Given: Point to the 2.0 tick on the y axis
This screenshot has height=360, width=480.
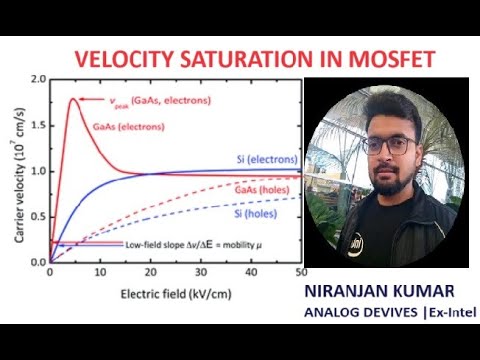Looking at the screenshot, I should coord(39,79).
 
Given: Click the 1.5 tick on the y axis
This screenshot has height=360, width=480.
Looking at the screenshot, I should coord(39,125).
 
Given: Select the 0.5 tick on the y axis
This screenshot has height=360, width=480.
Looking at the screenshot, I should coord(39,216).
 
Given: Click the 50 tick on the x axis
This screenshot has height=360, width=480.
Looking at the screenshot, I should coord(301,273).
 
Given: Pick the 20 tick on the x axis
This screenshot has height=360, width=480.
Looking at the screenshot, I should coord(150,273).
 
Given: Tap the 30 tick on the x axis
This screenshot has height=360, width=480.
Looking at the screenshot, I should coord(200,273).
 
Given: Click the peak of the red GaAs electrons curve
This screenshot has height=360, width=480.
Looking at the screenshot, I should coord(74,98).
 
